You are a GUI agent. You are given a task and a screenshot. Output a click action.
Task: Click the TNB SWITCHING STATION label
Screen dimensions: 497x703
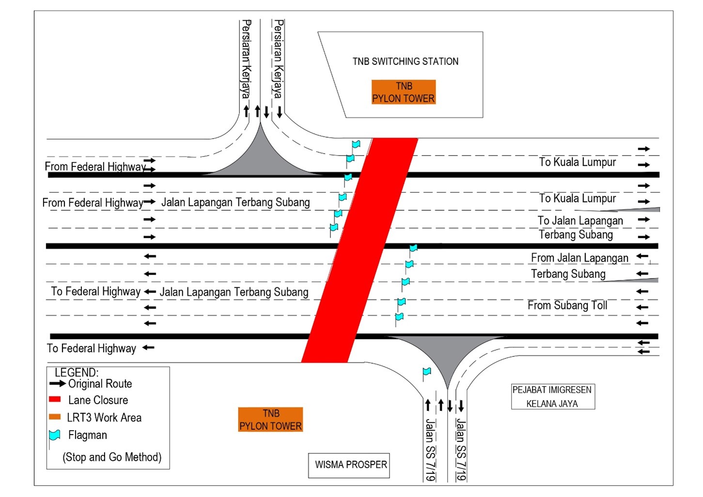pos(406,62)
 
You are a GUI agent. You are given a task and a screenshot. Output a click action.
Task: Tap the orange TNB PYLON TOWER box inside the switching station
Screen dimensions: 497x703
pos(404,92)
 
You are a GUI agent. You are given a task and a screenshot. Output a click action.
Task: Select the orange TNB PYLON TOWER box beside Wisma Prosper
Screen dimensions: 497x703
pos(270,419)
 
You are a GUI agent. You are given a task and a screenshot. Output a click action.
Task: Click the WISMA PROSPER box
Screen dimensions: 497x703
pos(351,465)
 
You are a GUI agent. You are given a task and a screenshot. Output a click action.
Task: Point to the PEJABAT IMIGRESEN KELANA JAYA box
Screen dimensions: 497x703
pos(552,397)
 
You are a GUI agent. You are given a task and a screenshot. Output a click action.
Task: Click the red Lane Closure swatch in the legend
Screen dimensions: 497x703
pos(55,400)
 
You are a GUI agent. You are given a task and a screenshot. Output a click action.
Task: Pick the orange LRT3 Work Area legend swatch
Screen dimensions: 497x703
pos(55,417)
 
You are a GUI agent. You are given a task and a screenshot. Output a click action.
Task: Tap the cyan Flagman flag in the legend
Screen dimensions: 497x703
pos(55,435)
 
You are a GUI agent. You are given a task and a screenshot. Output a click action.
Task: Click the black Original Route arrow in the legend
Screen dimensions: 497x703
pos(57,384)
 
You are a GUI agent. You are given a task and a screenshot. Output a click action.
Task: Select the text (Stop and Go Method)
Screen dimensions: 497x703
pos(112,457)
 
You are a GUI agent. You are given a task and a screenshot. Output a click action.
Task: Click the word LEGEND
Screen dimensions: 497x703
pos(77,373)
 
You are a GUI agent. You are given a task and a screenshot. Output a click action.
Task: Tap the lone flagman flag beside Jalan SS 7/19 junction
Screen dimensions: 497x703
pos(426,372)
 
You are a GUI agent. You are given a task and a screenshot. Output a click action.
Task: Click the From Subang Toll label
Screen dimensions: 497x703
pos(567,306)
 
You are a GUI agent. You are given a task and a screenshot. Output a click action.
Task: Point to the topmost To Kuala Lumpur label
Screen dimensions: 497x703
pos(578,162)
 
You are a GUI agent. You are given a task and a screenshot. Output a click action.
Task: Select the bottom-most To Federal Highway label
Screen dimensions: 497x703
pos(92,348)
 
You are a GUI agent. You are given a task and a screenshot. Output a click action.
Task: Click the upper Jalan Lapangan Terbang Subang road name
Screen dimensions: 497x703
pos(235,202)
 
